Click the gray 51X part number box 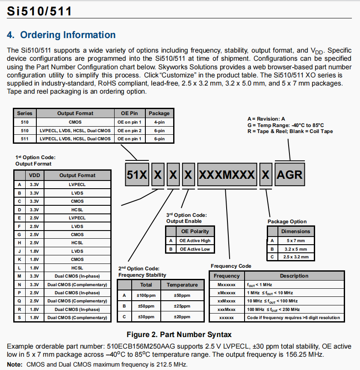137,175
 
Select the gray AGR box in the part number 289,175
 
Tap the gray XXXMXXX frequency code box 227,175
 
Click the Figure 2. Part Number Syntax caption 179,334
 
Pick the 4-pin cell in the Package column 159,122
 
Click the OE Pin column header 130,113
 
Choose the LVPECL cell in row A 77,184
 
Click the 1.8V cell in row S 34,317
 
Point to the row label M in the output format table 19,276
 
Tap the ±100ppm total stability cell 146,296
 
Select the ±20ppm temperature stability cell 182,317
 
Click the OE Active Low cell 195,249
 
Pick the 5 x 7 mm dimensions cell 295,240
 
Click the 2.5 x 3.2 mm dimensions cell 295,257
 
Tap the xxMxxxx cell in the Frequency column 227,301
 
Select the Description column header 294,276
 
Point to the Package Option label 287,222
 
